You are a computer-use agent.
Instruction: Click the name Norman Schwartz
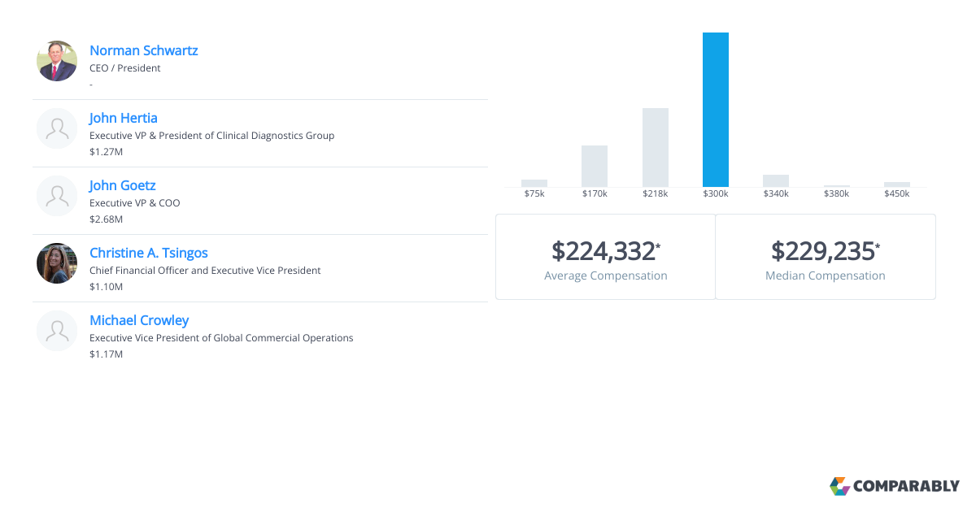143,50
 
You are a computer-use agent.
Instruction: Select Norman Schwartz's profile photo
57,61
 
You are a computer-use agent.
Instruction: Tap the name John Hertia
124,118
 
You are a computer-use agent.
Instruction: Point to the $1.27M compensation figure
106,152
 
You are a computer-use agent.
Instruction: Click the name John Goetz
122,185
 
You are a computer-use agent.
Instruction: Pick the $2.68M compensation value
106,219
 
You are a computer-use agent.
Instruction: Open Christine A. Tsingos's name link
148,253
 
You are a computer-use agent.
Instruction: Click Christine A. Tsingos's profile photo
57,263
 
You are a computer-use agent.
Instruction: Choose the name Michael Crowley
139,320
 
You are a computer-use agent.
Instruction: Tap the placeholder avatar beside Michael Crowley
57,331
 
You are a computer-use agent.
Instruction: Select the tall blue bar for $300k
716,110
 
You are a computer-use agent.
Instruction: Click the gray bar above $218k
656,147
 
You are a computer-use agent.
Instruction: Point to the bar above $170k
595,166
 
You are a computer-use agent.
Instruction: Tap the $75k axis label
534,194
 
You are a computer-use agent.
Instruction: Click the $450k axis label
897,194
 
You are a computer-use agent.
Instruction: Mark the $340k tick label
776,194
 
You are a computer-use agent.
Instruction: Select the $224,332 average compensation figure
603,251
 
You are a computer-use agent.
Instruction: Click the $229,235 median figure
823,251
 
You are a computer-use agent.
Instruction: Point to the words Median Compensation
825,276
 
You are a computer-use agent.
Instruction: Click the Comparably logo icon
839,486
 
